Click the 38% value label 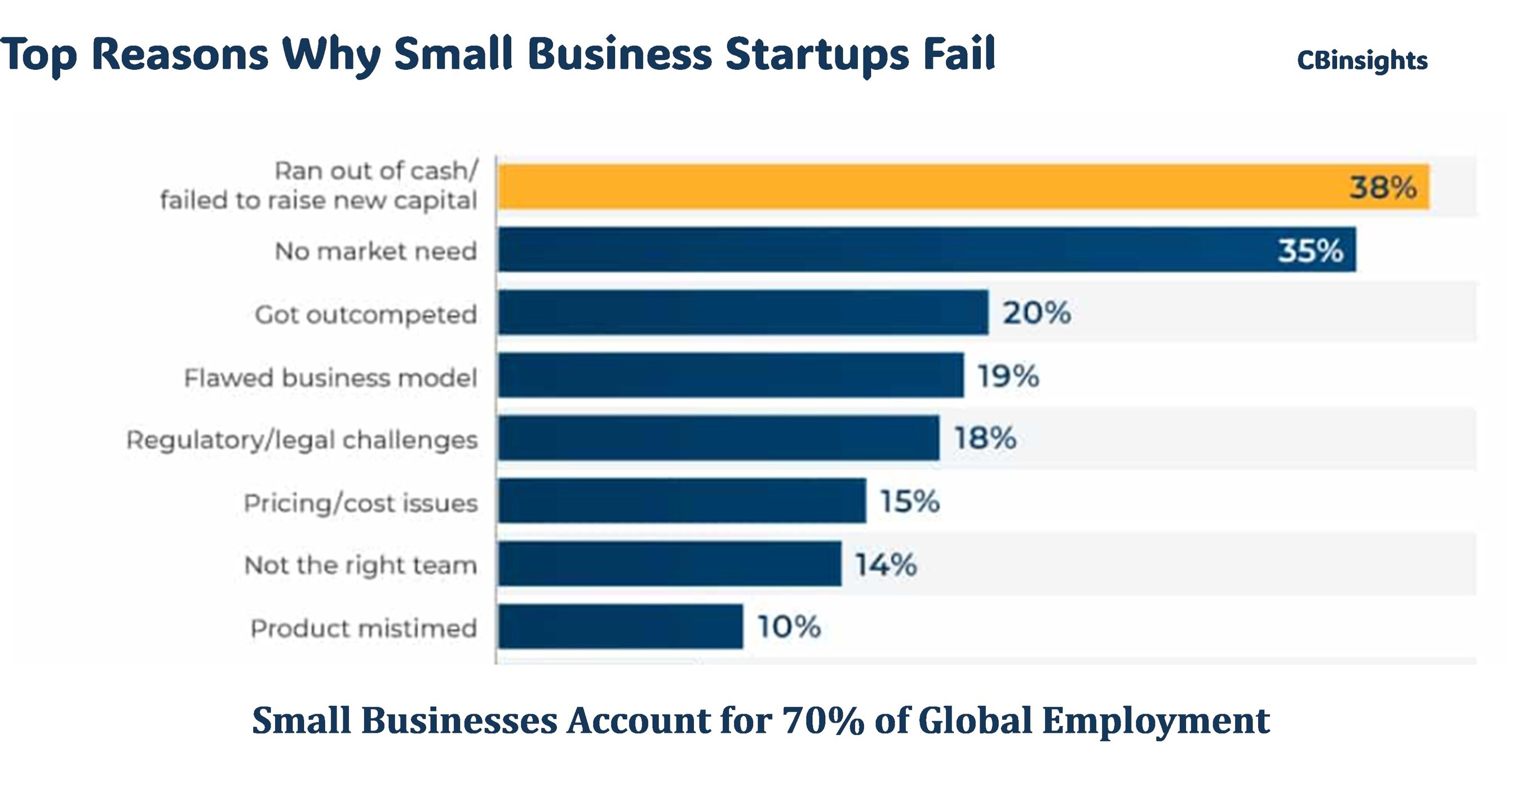point(1383,187)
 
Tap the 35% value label point(1311,250)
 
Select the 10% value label point(789,626)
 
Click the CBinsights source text point(1362,60)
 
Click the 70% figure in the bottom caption point(824,721)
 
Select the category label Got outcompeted point(366,315)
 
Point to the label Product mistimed point(364,628)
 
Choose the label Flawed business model point(330,378)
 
